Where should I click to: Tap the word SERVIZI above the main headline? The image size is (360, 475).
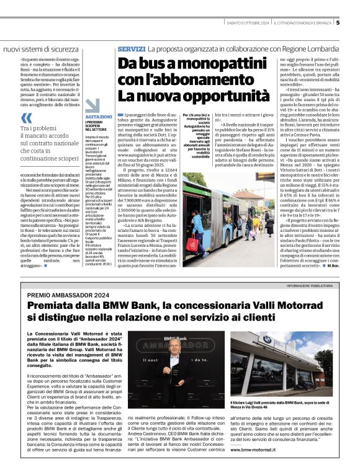click(x=131, y=48)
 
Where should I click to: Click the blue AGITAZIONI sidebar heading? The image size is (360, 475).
click(x=99, y=116)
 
